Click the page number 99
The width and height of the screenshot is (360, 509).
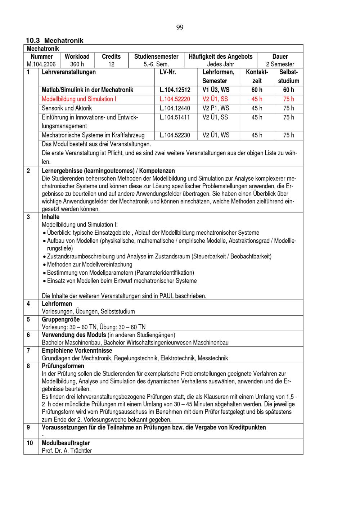[180, 28]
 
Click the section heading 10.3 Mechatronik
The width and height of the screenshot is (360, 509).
[54, 41]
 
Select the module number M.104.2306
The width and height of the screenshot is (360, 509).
[41, 64]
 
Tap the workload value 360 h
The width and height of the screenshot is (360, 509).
[77, 64]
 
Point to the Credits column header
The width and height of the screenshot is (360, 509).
[111, 57]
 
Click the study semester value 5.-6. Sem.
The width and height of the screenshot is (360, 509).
[156, 64]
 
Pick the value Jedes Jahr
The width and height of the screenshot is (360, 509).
[220, 64]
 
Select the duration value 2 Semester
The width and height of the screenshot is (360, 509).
[280, 64]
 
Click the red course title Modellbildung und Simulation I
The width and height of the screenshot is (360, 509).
[79, 99]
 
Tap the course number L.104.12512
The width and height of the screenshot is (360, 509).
[175, 90]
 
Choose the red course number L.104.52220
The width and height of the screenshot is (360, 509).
[175, 99]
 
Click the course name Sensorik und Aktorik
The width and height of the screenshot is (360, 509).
[67, 108]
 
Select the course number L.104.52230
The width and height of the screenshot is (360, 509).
[175, 135]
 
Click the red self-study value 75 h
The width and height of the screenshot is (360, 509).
[288, 99]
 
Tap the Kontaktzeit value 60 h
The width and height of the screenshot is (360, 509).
[257, 90]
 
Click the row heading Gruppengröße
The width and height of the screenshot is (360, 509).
[61, 319]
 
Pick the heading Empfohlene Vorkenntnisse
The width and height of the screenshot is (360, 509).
[77, 350]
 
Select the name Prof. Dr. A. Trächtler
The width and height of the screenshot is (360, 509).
[67, 451]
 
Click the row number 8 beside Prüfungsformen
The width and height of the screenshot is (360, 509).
[28, 366]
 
